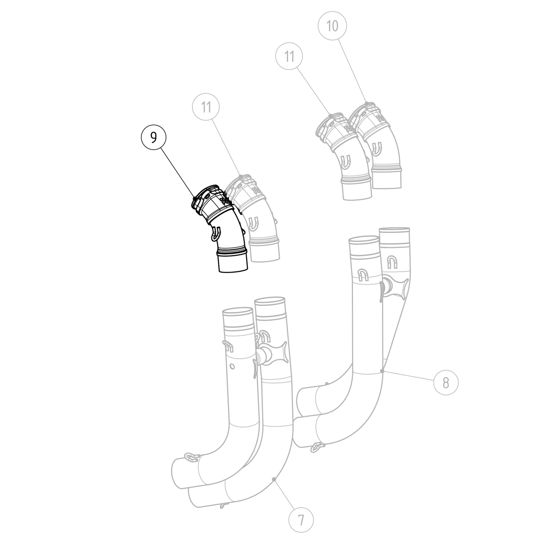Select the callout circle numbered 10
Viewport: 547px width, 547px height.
coord(333,26)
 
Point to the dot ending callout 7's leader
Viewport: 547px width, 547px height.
coord(273,479)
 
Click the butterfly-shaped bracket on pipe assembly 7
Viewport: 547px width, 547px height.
coord(274,353)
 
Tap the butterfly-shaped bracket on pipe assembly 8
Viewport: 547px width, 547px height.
coord(394,287)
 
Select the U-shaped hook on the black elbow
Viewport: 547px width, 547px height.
coord(216,233)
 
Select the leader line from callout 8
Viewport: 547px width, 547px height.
coord(408,377)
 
